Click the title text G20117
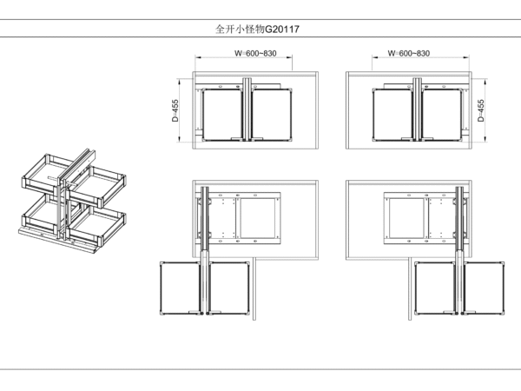[282, 30]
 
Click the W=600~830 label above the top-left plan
[255, 53]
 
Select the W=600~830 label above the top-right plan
[409, 53]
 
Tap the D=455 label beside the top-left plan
[175, 110]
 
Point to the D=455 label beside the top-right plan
[481, 110]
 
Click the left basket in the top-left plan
[222, 115]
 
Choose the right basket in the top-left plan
[272, 115]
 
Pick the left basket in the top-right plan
[392, 115]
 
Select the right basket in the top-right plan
[442, 115]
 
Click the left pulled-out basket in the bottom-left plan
[181, 288]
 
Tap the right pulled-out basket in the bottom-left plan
[228, 288]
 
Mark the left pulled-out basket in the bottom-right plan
[435, 288]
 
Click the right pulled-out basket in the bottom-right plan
[484, 288]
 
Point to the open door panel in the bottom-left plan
[254, 288]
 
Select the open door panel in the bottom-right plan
[410, 289]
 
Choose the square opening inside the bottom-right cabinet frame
[406, 218]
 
